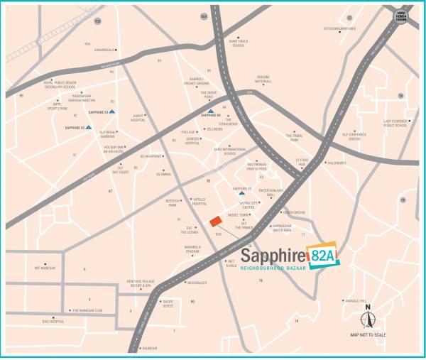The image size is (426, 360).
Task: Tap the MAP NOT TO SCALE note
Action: [x=368, y=334]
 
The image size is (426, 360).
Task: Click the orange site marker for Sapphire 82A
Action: [x=215, y=222]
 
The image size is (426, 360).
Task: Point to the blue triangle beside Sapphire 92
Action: [x=89, y=128]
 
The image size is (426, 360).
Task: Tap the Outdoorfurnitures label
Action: [x=339, y=28]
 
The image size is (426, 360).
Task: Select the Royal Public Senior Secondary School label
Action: [x=65, y=84]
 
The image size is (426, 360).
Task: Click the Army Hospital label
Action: [x=138, y=118]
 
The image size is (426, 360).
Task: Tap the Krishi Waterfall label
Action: [x=263, y=79]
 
